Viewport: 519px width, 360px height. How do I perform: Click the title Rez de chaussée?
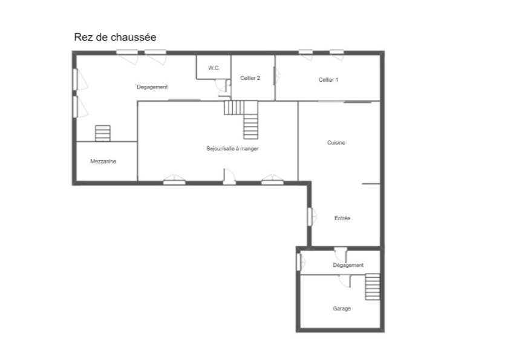(x=115, y=37)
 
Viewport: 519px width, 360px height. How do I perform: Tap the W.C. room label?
(x=214, y=68)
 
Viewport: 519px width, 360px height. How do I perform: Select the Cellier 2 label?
(x=250, y=78)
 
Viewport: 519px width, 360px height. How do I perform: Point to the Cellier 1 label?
(x=328, y=79)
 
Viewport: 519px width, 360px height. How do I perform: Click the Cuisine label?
(x=336, y=142)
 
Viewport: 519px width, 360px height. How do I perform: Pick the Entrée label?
(x=342, y=218)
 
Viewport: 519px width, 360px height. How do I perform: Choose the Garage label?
(x=342, y=309)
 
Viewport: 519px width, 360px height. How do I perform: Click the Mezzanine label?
(x=103, y=162)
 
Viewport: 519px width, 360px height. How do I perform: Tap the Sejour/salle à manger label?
(x=232, y=148)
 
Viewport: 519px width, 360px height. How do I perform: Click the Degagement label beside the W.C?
(x=152, y=87)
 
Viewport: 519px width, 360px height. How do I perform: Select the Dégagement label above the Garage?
(x=348, y=265)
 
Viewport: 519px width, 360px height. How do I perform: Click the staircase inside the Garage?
(x=373, y=287)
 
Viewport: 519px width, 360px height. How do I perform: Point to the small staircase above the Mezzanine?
(x=103, y=133)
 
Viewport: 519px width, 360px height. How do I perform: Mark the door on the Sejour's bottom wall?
(x=229, y=177)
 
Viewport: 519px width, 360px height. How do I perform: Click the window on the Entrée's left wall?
(x=312, y=217)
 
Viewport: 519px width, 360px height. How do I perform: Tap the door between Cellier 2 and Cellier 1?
(x=275, y=76)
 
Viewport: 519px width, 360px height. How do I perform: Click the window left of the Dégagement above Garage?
(x=300, y=261)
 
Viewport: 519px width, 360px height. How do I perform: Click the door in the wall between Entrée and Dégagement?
(x=341, y=254)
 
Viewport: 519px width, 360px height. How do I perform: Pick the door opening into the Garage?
(x=345, y=281)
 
